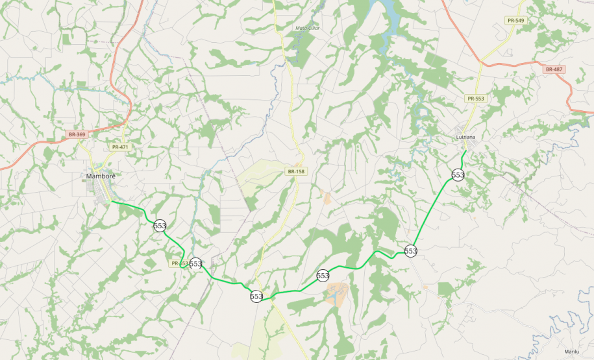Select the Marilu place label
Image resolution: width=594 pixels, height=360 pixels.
pos(571,351)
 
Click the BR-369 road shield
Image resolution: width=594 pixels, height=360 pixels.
pos(77,134)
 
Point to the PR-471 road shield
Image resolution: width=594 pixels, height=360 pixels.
pos(120,147)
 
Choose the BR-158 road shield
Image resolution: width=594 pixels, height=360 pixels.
pos(295,171)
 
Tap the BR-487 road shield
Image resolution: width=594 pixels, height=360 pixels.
pos(554,69)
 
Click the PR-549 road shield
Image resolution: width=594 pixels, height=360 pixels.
pos(516,21)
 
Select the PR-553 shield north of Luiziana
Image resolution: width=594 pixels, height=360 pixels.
pos(475,99)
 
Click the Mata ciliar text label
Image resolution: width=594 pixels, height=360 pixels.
pos(308,28)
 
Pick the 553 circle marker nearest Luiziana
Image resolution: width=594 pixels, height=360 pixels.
pos(458,175)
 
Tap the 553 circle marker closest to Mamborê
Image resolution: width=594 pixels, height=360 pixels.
pos(160,226)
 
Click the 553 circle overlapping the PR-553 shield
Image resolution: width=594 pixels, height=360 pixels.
pos(195,263)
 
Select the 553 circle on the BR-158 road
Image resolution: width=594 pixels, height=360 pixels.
pos(256,296)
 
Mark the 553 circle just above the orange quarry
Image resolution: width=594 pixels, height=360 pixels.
pos(323,276)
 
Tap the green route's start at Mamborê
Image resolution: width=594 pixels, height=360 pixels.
pos(112,201)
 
